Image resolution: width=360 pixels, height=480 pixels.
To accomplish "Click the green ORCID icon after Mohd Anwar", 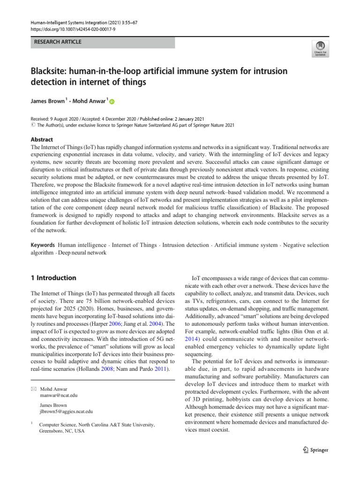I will (x=112, y=101).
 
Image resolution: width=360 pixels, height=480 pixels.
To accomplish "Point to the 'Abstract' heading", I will (x=42, y=139).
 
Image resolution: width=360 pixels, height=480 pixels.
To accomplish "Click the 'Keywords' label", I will (x=42, y=245).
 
